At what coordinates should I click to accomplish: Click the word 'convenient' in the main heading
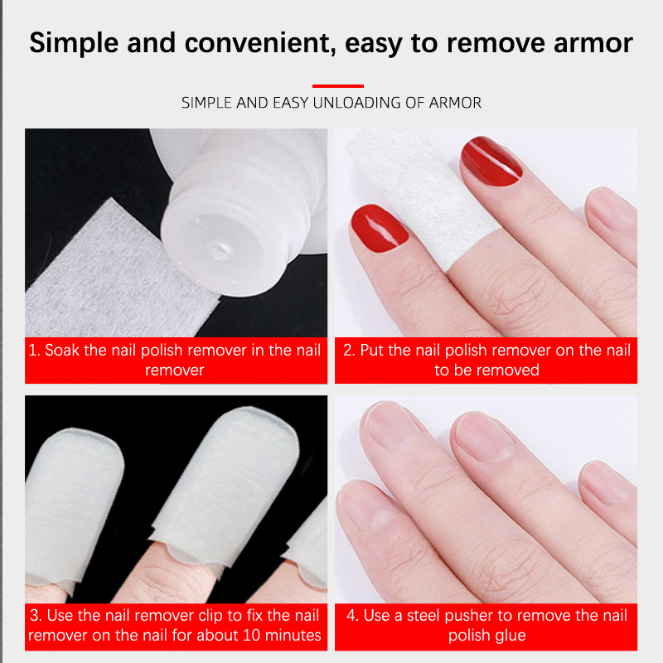(x=260, y=43)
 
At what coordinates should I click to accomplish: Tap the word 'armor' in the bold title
(x=593, y=44)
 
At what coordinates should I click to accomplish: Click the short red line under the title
(x=338, y=86)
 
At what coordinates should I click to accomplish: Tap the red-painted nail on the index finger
(x=491, y=161)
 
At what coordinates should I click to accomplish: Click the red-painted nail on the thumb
(x=379, y=229)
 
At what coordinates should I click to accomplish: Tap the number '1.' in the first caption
(x=34, y=350)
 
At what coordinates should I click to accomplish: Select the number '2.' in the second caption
(x=349, y=350)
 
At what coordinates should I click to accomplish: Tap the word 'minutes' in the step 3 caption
(x=297, y=635)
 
